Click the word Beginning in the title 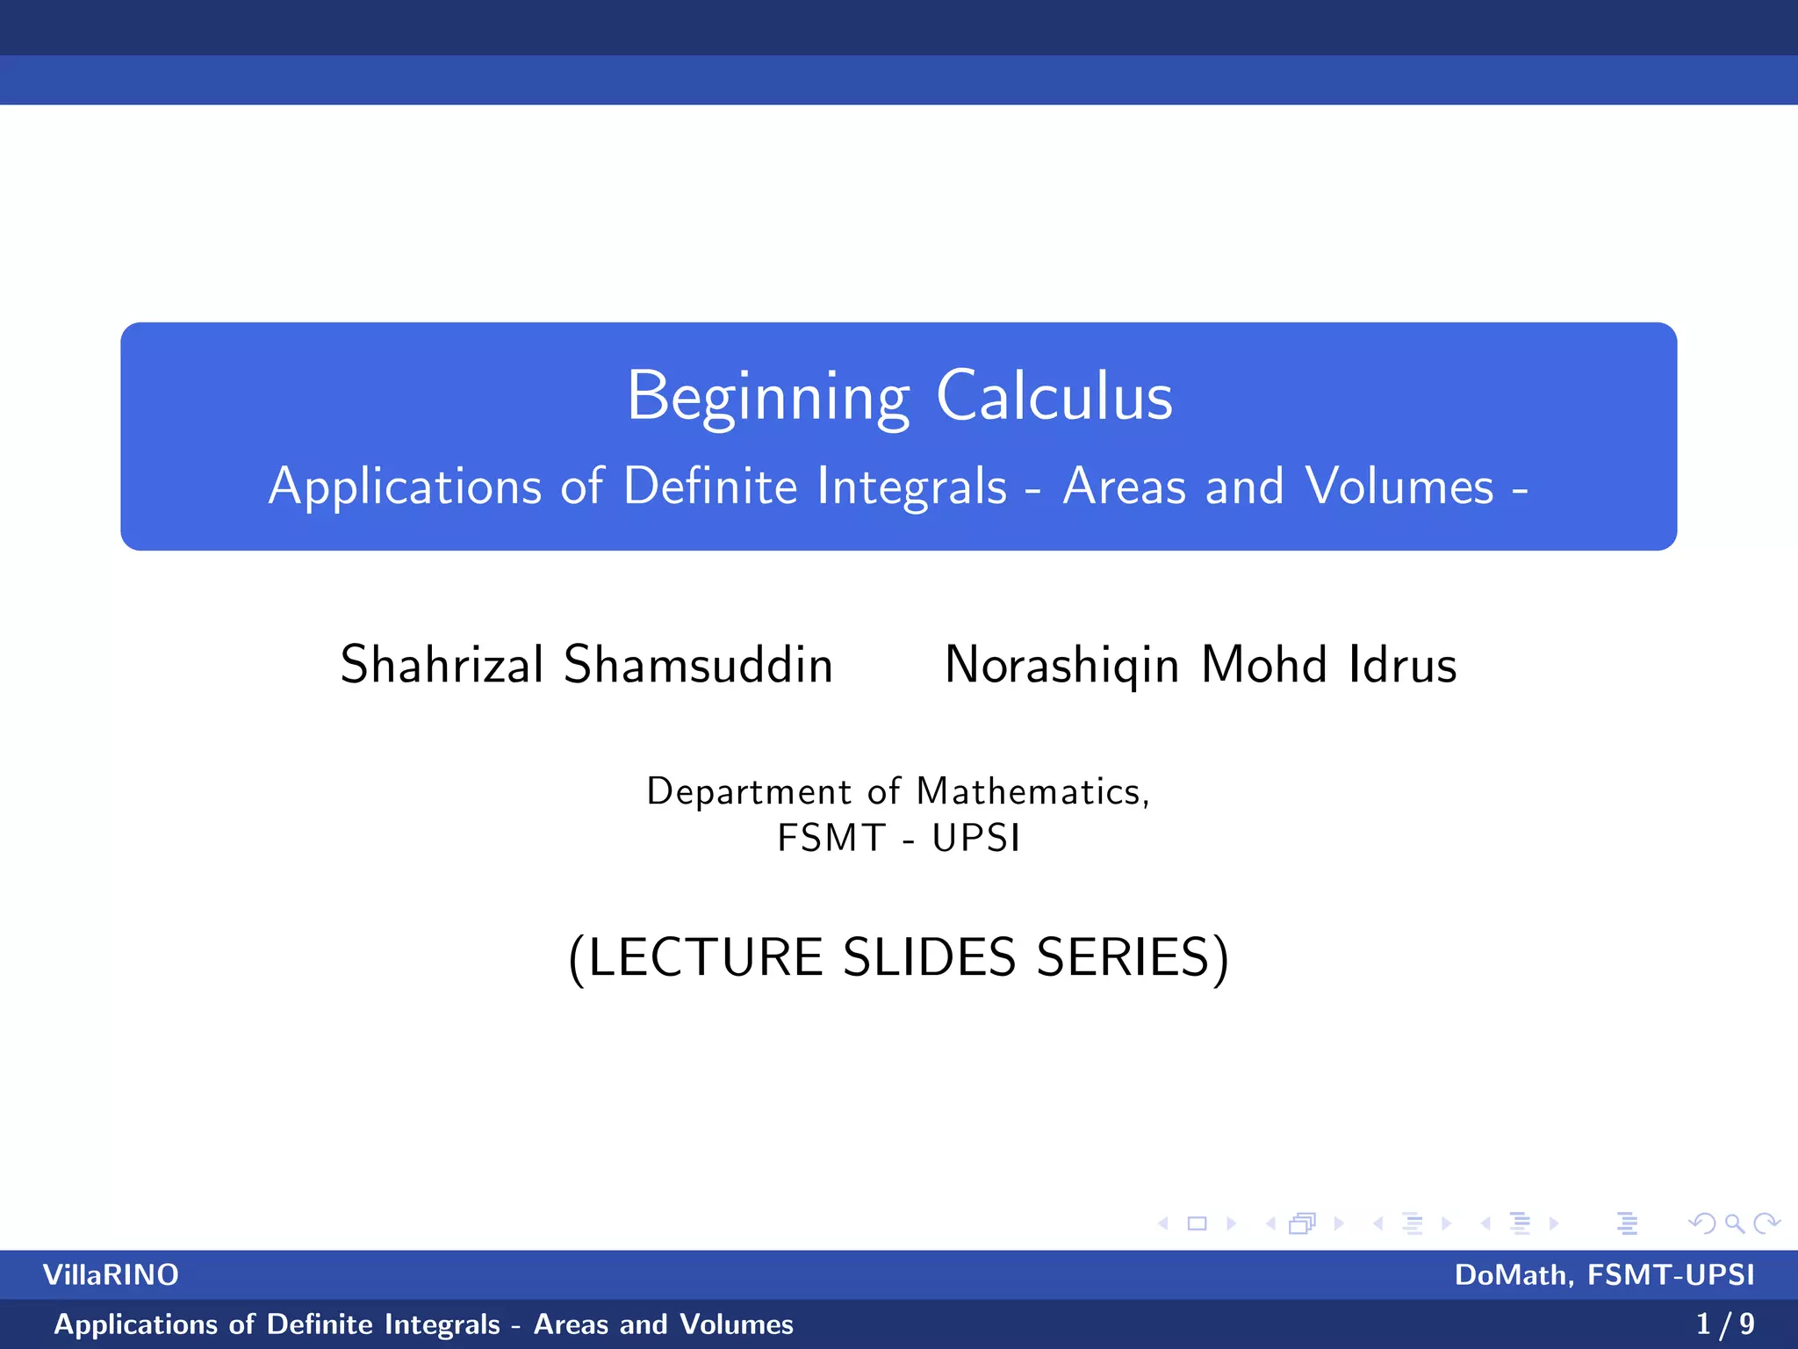[768, 398]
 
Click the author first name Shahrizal [442, 664]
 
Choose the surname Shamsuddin [698, 664]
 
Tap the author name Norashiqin [1061, 666]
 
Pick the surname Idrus [1403, 664]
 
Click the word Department [749, 792]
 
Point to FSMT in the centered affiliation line [831, 838]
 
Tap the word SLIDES [930, 956]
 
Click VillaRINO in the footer [111, 1274]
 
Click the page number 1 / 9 [1725, 1324]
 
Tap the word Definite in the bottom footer [320, 1324]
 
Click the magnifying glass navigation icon [1734, 1223]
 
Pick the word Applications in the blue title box [405, 487]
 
